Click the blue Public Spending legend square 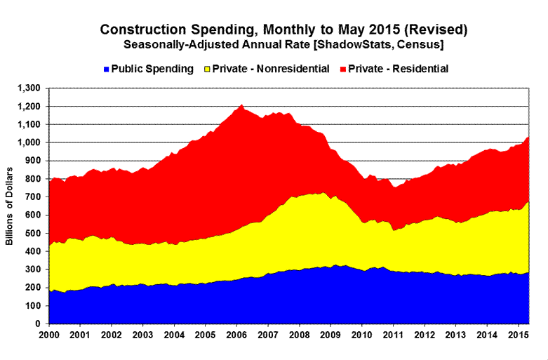[x=106, y=69]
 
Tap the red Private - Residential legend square [x=343, y=69]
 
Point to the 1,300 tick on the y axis [x=31, y=88]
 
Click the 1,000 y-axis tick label [x=31, y=142]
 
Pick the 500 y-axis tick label [x=35, y=234]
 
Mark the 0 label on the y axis [x=40, y=324]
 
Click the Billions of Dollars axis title [x=11, y=206]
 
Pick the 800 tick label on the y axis [x=35, y=179]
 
